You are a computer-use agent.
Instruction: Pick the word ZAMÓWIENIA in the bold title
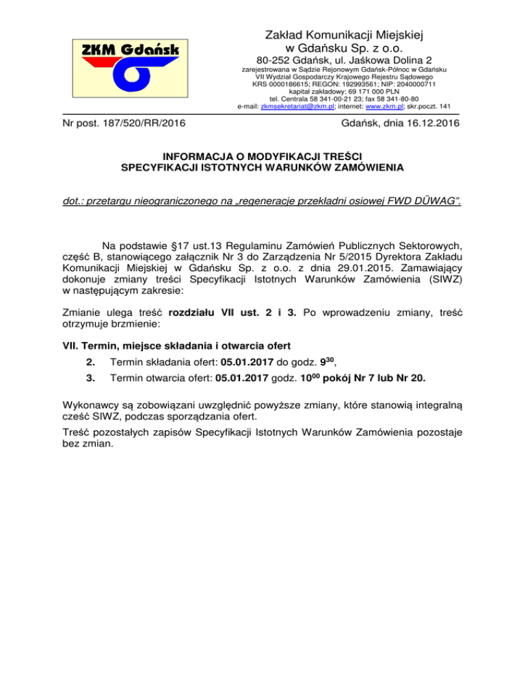370,167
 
